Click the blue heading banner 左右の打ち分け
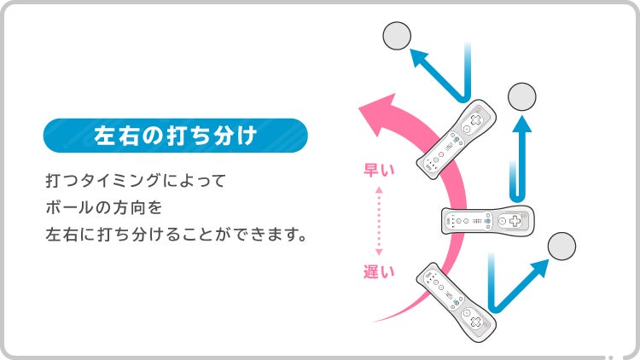(176, 136)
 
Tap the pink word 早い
(379, 170)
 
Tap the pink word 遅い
(379, 271)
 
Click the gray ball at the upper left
(397, 36)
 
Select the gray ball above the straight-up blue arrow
(522, 96)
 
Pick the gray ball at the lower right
(561, 247)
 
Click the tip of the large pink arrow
(359, 108)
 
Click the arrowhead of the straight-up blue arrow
(522, 124)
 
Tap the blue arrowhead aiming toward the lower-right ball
(539, 268)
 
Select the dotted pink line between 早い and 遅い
(379, 221)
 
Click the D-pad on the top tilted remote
(476, 120)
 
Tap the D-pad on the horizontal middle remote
(515, 221)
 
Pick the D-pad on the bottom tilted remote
(476, 322)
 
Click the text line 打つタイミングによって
(136, 180)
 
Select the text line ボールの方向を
(103, 207)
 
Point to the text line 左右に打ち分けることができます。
(176, 235)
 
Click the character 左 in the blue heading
(103, 136)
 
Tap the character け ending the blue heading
(247, 136)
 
